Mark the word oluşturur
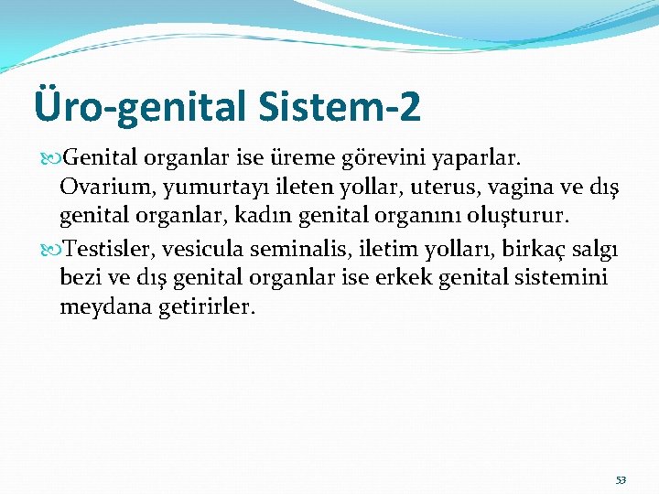click(x=520, y=217)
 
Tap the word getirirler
click(x=208, y=308)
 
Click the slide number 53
click(x=621, y=480)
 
